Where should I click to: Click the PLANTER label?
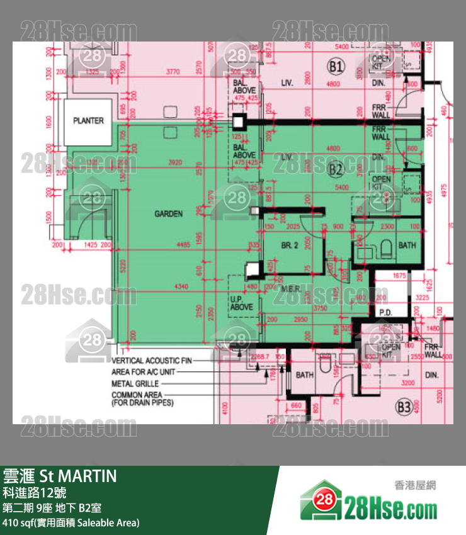click(88, 120)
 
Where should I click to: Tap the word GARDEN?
click(169, 214)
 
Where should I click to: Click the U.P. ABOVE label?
click(241, 303)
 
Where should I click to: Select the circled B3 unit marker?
click(404, 407)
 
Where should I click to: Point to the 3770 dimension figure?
click(173, 72)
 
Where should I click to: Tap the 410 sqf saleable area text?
click(71, 522)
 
